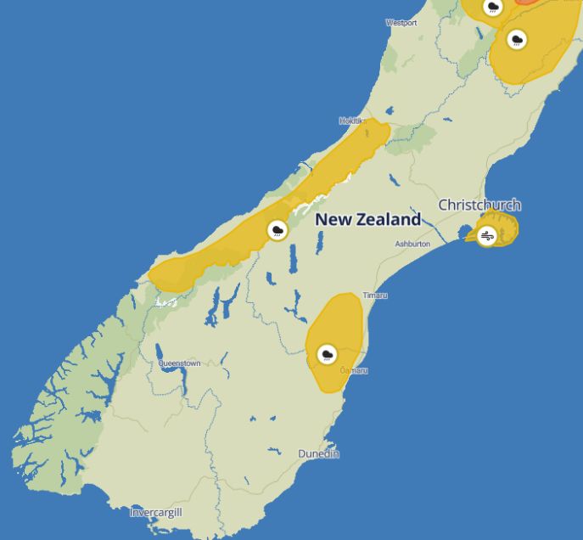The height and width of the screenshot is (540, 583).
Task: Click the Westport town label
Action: [401, 23]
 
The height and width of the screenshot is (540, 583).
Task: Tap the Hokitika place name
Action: [351, 121]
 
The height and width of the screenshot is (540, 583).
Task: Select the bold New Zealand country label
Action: [367, 219]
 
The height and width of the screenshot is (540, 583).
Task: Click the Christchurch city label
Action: [479, 205]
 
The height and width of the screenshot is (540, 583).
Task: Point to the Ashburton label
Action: [412, 245]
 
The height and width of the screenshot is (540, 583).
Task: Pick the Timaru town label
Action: [375, 295]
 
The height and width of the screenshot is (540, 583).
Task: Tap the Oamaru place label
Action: [354, 371]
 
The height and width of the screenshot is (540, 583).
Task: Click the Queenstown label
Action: [179, 363]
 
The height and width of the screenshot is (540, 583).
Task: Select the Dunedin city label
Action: [318, 454]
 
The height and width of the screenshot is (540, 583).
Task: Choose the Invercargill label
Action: [156, 513]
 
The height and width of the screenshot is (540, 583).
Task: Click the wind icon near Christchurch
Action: [487, 236]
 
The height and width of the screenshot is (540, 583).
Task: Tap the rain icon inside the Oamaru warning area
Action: [327, 354]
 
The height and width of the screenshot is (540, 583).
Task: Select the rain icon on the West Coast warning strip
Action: [277, 229]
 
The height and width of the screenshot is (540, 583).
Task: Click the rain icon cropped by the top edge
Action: [493, 7]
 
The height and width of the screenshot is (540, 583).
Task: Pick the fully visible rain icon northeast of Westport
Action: [516, 39]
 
